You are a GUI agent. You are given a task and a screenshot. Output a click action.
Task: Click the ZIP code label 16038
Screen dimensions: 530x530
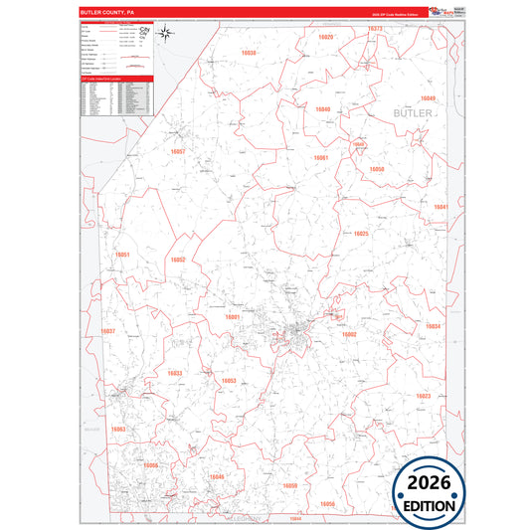[x=249, y=52]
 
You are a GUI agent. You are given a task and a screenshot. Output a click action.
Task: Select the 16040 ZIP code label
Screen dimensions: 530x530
[x=322, y=108]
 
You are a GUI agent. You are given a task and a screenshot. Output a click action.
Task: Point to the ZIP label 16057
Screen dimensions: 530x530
[x=178, y=152]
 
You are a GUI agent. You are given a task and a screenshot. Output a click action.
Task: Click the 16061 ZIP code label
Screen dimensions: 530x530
[x=320, y=158]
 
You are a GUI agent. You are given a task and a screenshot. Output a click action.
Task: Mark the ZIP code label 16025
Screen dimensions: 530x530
[x=361, y=234]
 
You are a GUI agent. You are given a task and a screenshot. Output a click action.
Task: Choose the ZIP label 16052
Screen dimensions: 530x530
[x=178, y=260]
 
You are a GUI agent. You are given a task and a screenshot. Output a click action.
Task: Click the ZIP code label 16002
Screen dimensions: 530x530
[x=349, y=335]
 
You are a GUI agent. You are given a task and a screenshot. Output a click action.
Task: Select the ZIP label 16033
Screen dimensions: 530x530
[x=174, y=374]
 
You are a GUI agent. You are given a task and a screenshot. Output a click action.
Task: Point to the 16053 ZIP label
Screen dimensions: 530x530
[x=229, y=381]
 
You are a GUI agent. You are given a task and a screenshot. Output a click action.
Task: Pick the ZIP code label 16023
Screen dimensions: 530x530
[x=424, y=396]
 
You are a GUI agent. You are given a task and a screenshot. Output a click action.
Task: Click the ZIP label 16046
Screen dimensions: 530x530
[x=217, y=477]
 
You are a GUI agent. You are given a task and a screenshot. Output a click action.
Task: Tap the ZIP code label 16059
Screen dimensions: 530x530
[x=290, y=484]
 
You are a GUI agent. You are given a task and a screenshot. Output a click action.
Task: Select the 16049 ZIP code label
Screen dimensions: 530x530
[x=428, y=98]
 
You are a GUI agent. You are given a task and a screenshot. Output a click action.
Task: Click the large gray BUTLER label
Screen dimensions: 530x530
[x=414, y=115]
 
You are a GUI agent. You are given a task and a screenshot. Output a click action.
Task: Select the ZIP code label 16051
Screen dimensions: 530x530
[x=123, y=255]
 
